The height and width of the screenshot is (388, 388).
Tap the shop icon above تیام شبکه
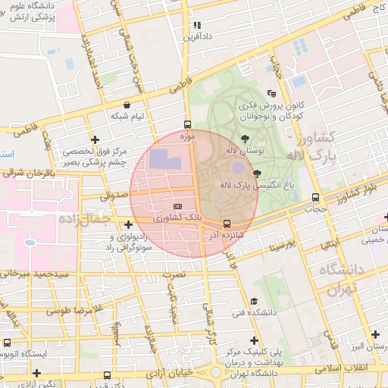click(x=126, y=105)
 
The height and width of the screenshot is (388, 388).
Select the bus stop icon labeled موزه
click(x=187, y=125)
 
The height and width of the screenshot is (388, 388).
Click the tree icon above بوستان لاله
click(x=245, y=139)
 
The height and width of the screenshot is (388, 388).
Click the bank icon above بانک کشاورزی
click(x=177, y=206)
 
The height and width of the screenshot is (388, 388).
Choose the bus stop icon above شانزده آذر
click(x=227, y=223)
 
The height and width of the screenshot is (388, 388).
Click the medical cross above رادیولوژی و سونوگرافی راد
click(x=128, y=224)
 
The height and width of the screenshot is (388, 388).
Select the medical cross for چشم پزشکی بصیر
click(x=94, y=140)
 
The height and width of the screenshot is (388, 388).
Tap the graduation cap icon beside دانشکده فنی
click(x=254, y=301)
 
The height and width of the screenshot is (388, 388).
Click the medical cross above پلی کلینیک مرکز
click(x=254, y=341)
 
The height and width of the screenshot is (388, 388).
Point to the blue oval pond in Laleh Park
click(x=237, y=167)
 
